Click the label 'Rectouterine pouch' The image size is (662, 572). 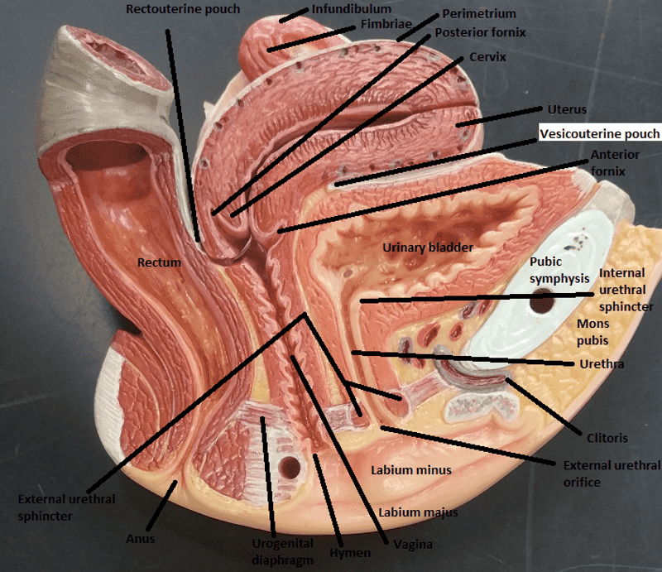coord(183,9)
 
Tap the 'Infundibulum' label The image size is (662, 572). coord(352,10)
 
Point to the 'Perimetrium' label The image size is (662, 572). coord(478,14)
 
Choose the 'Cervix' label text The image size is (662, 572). coord(487,57)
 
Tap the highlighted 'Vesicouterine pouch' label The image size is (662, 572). coord(600,134)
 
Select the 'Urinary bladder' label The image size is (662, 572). coord(427,248)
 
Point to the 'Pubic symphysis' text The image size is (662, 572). coord(559,270)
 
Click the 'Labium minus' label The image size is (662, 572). coord(411,470)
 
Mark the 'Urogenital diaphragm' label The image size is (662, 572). coord(282,550)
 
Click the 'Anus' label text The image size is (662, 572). coord(141,539)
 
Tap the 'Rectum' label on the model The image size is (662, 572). coord(160,262)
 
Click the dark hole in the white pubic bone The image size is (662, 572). coord(542,303)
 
